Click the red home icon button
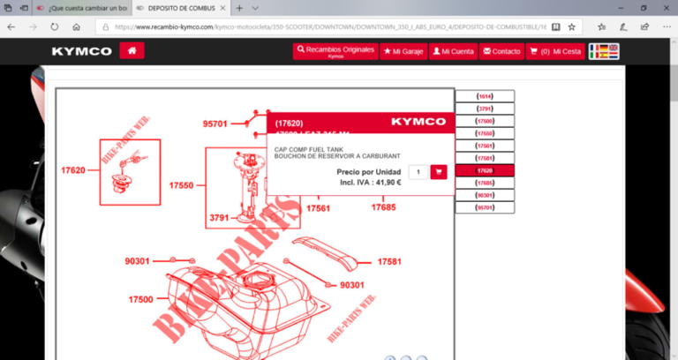[132, 51]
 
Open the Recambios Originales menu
[335, 51]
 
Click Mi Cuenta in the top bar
[453, 51]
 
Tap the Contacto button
[501, 51]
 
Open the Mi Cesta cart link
[555, 51]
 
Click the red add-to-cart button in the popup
[439, 172]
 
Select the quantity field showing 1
[418, 172]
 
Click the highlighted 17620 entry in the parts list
[485, 170]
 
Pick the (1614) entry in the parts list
[485, 95]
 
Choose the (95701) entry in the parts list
[485, 207]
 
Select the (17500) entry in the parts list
[485, 120]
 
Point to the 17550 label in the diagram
[181, 186]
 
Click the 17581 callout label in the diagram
[389, 262]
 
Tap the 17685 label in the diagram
[383, 208]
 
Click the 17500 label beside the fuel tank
[140, 300]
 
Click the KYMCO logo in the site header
[82, 51]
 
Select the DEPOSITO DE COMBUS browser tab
[177, 8]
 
